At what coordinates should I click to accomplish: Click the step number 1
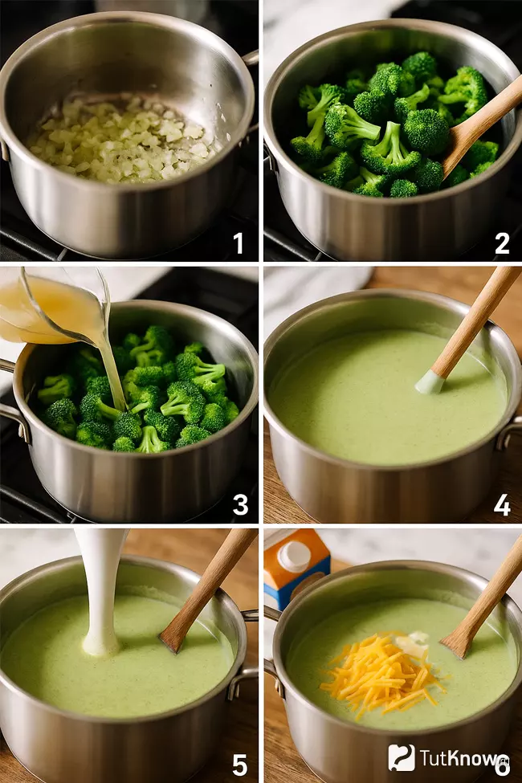click(x=239, y=243)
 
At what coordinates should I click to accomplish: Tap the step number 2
click(x=501, y=243)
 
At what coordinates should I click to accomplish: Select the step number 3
click(x=240, y=505)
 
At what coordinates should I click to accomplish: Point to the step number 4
click(x=501, y=505)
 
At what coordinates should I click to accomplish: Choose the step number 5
click(x=240, y=765)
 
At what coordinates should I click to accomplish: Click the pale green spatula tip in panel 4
click(x=430, y=383)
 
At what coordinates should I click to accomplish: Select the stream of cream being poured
click(x=104, y=592)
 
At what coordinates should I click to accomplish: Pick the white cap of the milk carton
click(x=294, y=554)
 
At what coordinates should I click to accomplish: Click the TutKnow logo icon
click(x=401, y=757)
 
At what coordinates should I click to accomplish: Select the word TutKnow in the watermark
click(x=458, y=758)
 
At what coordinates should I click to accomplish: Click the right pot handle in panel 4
click(x=508, y=434)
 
